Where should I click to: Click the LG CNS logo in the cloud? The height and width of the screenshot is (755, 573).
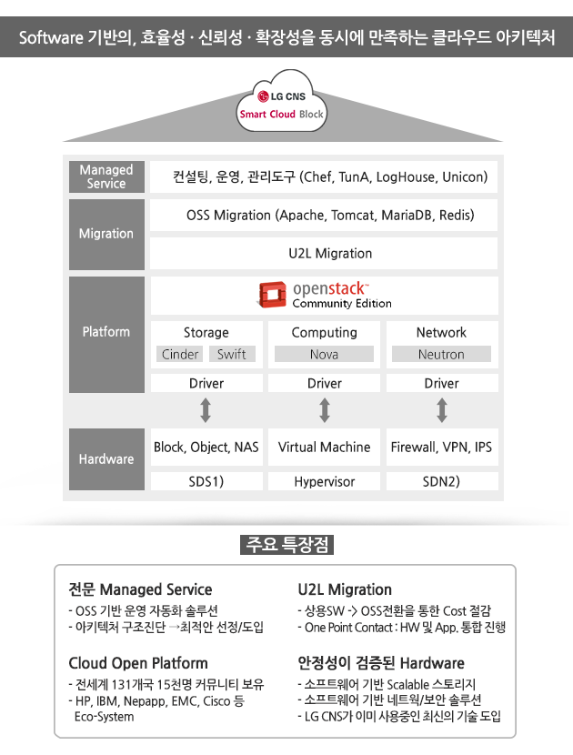(282, 96)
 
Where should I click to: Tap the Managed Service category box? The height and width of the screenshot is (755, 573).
(106, 176)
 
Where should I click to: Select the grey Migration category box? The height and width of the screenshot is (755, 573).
(106, 234)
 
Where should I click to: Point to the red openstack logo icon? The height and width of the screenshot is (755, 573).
(272, 294)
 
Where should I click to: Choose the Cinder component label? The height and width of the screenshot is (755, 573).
(179, 354)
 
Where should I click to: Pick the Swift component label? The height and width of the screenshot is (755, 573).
(232, 354)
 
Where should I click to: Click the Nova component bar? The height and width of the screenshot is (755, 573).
(324, 354)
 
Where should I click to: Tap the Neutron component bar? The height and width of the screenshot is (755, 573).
(441, 354)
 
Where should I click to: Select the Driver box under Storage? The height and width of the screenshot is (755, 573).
(206, 383)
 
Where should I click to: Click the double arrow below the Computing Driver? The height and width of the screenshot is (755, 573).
(325, 410)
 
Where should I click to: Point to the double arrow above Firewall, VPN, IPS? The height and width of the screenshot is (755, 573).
(441, 410)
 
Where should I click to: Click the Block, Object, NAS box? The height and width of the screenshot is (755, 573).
(206, 447)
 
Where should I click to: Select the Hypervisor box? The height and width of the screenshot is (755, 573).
(324, 481)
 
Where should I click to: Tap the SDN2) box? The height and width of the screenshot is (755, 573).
(441, 481)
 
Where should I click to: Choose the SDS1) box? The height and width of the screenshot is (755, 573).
(206, 481)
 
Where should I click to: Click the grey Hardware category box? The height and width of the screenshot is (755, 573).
(106, 459)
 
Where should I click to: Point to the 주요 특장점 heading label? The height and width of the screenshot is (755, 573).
(287, 545)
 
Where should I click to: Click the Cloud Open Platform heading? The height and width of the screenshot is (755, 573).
(138, 663)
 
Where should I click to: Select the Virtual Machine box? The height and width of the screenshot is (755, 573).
(324, 447)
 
